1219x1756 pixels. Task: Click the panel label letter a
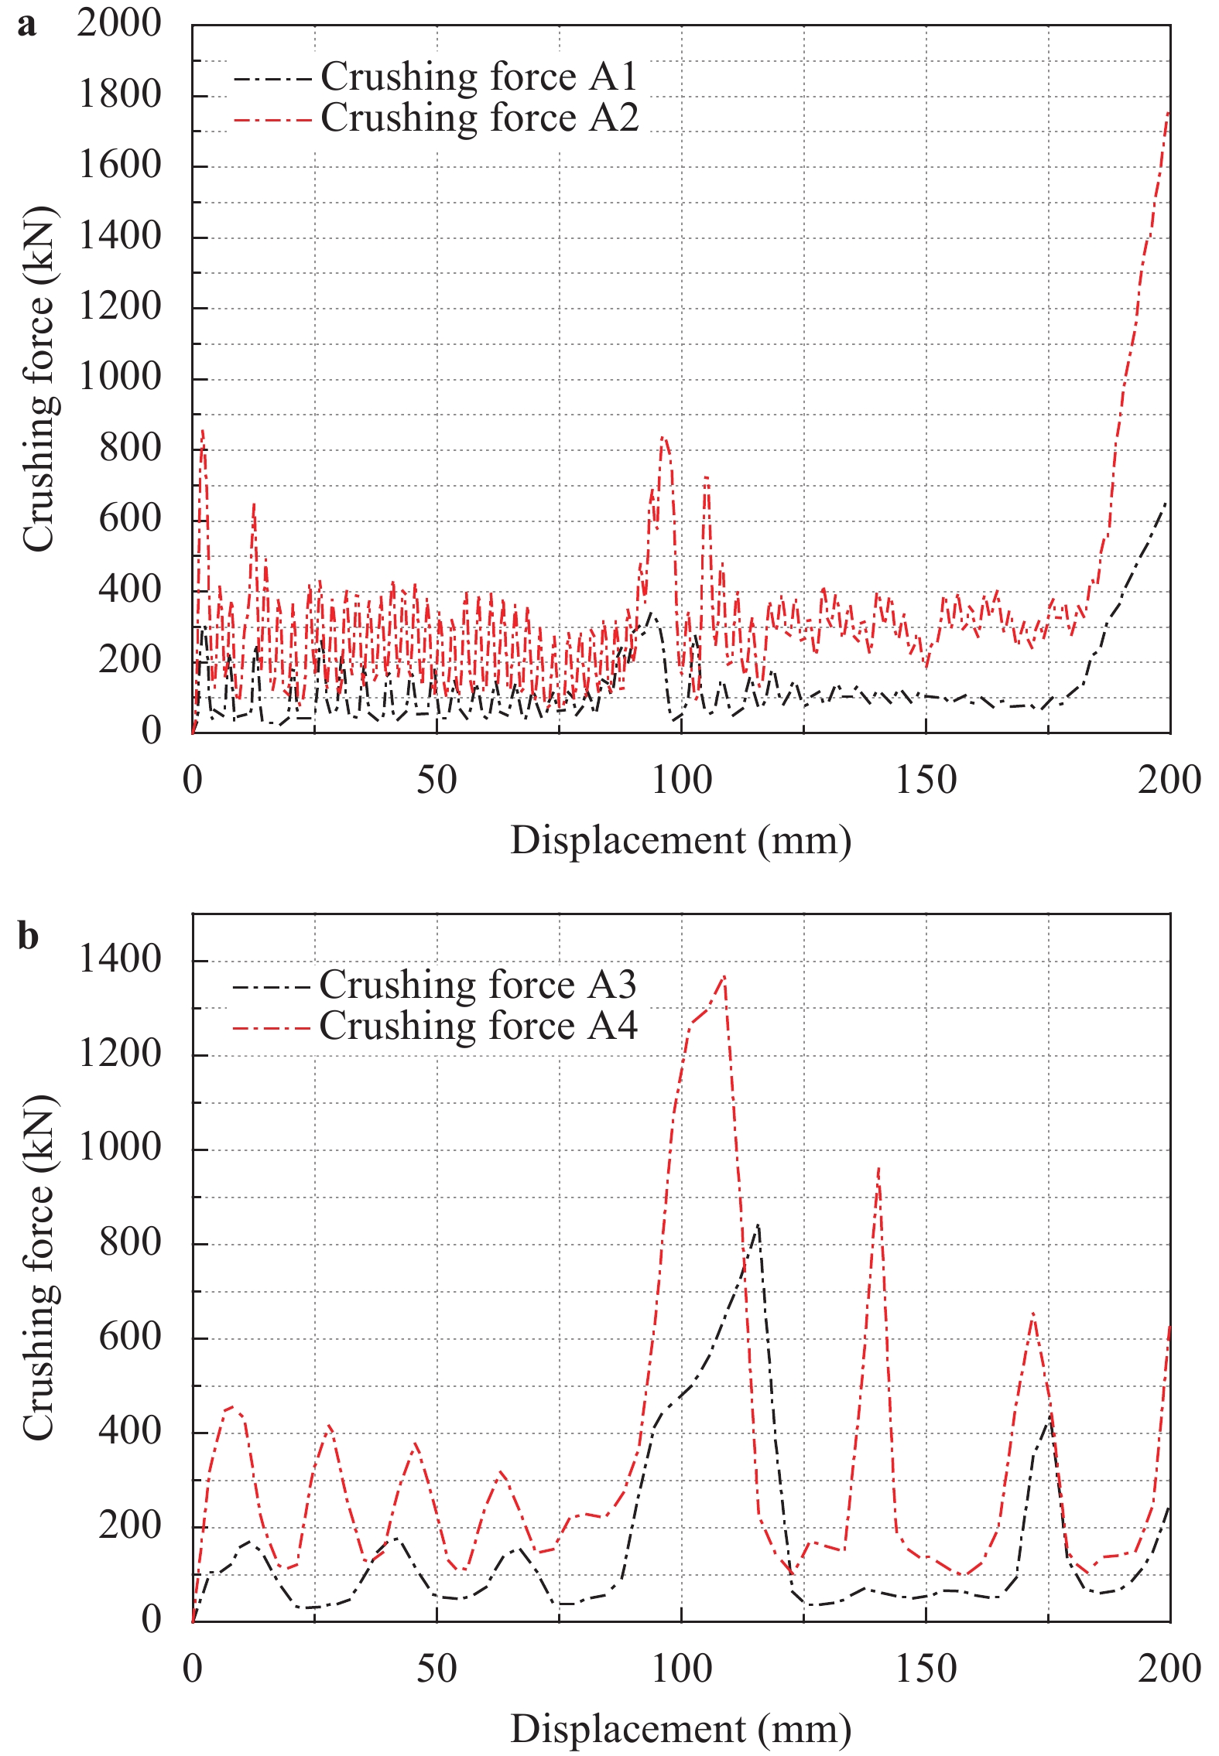[x=26, y=26]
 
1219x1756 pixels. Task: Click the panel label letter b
[x=28, y=937]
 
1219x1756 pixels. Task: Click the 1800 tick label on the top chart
[x=120, y=95]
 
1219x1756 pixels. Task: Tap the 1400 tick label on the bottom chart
[x=120, y=960]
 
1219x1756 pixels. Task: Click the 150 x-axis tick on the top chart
[x=926, y=780]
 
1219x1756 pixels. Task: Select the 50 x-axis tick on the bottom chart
[x=437, y=1669]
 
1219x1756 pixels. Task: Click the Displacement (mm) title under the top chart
[x=680, y=840]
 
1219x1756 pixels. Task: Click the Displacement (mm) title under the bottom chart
[x=680, y=1729]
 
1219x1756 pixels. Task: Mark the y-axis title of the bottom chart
[x=38, y=1268]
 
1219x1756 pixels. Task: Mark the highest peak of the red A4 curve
[x=724, y=977]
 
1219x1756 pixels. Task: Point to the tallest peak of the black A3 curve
[x=758, y=1225]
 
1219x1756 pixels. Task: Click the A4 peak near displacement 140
[x=878, y=1169]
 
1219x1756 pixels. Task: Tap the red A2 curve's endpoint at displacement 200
[x=1168, y=112]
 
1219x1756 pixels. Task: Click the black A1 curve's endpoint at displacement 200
[x=1166, y=502]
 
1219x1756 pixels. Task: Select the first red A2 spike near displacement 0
[x=203, y=430]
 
